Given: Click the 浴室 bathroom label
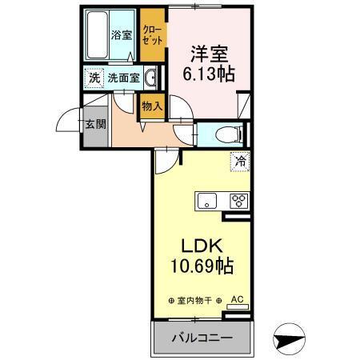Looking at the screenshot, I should click(121, 35).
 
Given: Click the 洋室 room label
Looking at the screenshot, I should click(210, 54).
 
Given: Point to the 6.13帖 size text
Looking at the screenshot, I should click(210, 74).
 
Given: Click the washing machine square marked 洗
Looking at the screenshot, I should click(94, 78).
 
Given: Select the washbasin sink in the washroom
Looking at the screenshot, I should click(150, 78).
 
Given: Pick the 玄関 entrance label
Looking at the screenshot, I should click(96, 125).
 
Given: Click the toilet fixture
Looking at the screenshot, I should click(226, 134).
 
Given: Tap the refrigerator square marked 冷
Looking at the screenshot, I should click(238, 162).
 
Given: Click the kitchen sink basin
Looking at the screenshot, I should click(207, 201).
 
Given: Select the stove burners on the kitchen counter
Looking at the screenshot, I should click(238, 201).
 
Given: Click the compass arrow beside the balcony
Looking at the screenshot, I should click(290, 338).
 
